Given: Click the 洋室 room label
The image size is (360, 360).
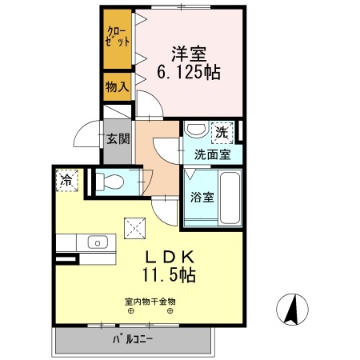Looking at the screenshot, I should coord(190,54).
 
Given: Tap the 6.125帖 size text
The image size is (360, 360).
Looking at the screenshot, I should coord(189,71).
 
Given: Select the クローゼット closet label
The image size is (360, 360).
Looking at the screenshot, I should coord(116,38).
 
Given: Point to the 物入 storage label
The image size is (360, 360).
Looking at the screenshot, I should coord(117,86).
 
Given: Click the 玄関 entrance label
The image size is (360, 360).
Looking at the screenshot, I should coord(118,138).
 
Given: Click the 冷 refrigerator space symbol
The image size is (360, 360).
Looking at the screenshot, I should coord(68,182).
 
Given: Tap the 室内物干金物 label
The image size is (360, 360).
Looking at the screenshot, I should coord(150,302).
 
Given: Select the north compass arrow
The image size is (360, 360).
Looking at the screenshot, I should coord(293,308).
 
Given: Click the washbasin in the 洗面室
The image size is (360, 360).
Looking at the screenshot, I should coord(194,129).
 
